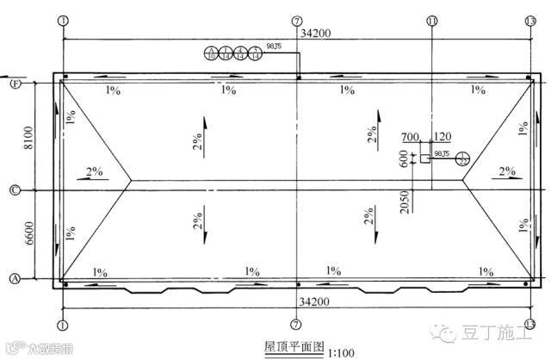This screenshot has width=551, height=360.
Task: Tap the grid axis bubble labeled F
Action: point(15,84)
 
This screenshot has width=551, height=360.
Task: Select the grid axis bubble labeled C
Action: point(15,189)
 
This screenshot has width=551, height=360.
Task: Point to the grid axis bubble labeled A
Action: point(15,278)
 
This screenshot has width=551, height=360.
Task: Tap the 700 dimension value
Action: point(410,137)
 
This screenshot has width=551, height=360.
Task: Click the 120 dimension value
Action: point(443,137)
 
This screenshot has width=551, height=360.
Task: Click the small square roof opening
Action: point(424,158)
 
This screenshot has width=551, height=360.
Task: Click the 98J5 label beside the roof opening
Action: point(443,153)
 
